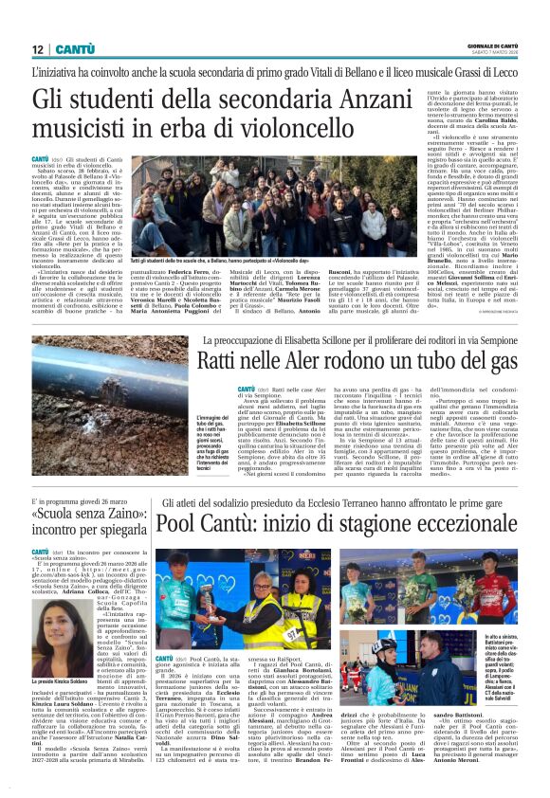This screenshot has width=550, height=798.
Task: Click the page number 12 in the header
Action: pyautogui.click(x=37, y=49)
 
